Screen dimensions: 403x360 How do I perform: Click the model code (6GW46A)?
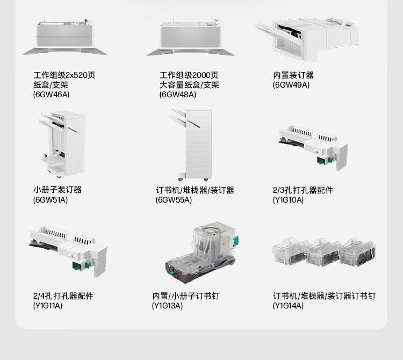click(x=51, y=95)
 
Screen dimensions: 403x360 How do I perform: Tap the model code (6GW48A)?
click(x=178, y=95)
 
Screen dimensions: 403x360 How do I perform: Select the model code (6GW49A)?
click(x=291, y=85)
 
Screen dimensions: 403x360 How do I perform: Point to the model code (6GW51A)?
click(x=51, y=200)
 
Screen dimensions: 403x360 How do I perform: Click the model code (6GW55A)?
click(x=174, y=200)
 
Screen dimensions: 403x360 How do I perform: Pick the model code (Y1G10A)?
click(x=288, y=200)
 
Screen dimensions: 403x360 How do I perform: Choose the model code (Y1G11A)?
click(x=48, y=306)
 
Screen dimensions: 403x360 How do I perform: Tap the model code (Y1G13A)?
click(x=167, y=306)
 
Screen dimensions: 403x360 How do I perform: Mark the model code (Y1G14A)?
click(x=288, y=306)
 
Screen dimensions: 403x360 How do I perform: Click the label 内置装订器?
click(x=293, y=75)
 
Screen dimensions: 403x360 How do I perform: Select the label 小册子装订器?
click(x=57, y=190)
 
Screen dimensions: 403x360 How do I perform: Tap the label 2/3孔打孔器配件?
click(x=303, y=190)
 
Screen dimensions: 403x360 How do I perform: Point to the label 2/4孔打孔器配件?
click(x=63, y=296)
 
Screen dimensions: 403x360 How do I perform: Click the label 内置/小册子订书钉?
click(x=185, y=296)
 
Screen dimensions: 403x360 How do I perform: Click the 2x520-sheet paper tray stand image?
click(x=64, y=37)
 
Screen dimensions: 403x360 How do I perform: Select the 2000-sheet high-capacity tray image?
click(x=190, y=37)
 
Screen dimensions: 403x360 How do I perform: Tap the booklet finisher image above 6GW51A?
click(x=62, y=145)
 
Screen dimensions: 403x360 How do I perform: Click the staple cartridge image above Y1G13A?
click(x=201, y=253)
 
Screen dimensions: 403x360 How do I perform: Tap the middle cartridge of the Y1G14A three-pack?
click(x=322, y=253)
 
